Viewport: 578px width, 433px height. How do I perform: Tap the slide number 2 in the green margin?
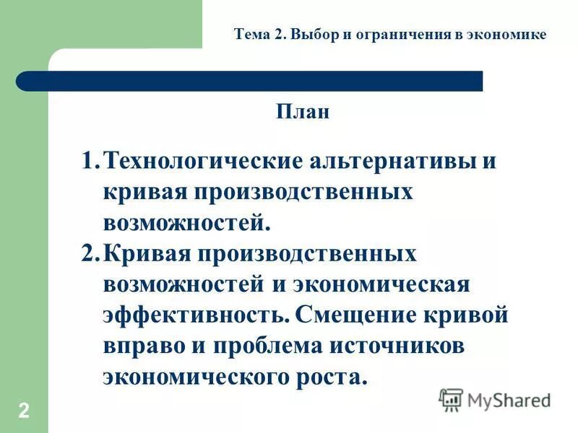(24, 411)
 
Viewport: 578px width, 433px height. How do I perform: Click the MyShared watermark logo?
(495, 399)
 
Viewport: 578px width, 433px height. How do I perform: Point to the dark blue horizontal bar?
(249, 81)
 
